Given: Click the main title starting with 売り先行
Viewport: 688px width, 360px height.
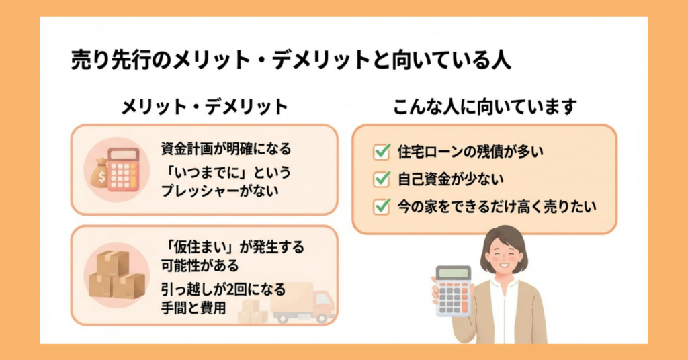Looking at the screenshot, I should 291,61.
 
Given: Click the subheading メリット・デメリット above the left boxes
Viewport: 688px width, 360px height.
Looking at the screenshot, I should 204,107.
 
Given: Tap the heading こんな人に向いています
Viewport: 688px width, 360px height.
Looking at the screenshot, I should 484,107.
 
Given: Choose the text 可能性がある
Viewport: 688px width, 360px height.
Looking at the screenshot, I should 200,265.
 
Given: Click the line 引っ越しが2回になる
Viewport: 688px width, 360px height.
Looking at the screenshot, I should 223,290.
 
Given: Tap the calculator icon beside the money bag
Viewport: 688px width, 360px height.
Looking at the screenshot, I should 123,169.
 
